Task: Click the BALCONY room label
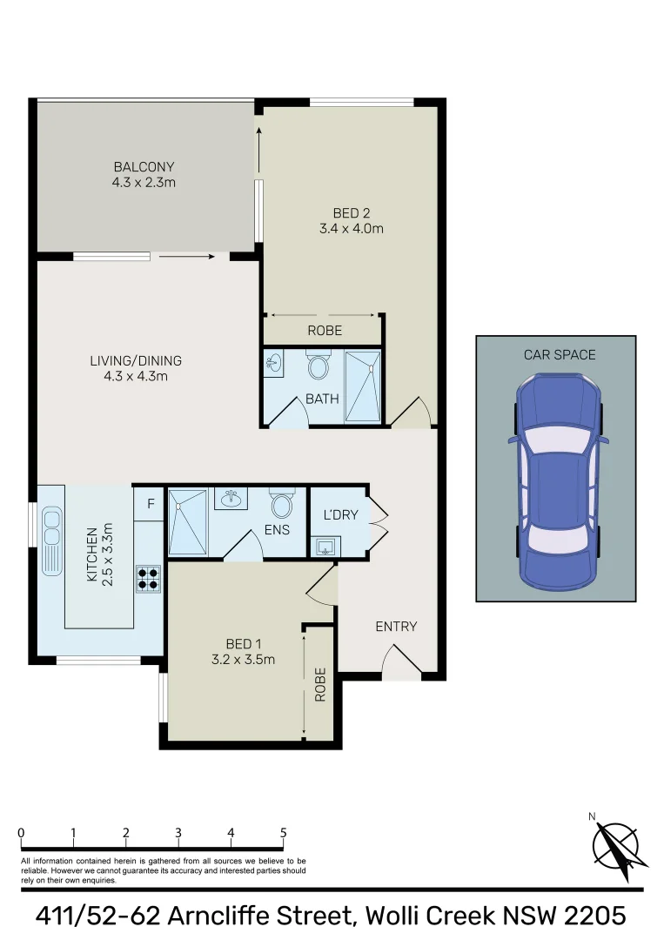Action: click(x=144, y=166)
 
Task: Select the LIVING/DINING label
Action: click(x=136, y=360)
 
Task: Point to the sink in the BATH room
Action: click(x=274, y=363)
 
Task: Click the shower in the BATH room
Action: click(x=363, y=386)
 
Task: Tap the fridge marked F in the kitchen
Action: click(x=150, y=504)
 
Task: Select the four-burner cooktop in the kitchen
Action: click(x=148, y=579)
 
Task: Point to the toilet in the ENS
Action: click(x=282, y=504)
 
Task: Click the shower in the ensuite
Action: click(x=188, y=521)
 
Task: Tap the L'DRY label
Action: click(x=340, y=515)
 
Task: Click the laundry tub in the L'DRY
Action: click(x=326, y=547)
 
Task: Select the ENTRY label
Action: click(x=396, y=626)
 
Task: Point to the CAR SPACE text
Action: click(x=559, y=354)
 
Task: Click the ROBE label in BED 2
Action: click(x=325, y=331)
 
